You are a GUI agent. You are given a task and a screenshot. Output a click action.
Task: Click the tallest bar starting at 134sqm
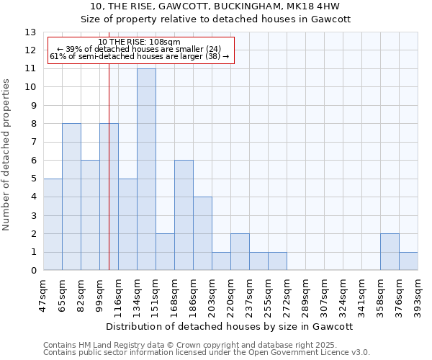point(146,169)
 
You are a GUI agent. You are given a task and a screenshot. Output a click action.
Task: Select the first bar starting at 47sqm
point(53,224)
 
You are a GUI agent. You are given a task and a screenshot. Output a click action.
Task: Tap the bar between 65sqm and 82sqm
point(71,197)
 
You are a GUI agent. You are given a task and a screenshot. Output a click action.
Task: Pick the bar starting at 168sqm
point(184,215)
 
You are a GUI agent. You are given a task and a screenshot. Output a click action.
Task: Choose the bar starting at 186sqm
point(202,233)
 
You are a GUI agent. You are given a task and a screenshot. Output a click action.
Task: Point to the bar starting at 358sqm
point(390,252)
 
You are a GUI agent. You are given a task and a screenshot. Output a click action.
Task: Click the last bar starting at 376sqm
point(408,261)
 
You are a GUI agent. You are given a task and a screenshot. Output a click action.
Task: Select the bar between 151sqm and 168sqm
point(165,252)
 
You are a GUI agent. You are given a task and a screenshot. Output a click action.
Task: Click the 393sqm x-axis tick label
point(419,294)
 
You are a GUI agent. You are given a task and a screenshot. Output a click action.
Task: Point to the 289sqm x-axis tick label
point(307,294)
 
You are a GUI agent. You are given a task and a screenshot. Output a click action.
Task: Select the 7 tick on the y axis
point(32,143)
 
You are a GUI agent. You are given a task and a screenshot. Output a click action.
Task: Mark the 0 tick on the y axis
point(32,271)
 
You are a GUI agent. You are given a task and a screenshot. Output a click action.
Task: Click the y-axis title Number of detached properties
point(8,152)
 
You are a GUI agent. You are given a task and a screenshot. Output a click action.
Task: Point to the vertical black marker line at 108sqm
point(109,180)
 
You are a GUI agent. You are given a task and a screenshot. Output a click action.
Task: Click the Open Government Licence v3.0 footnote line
point(207,352)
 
